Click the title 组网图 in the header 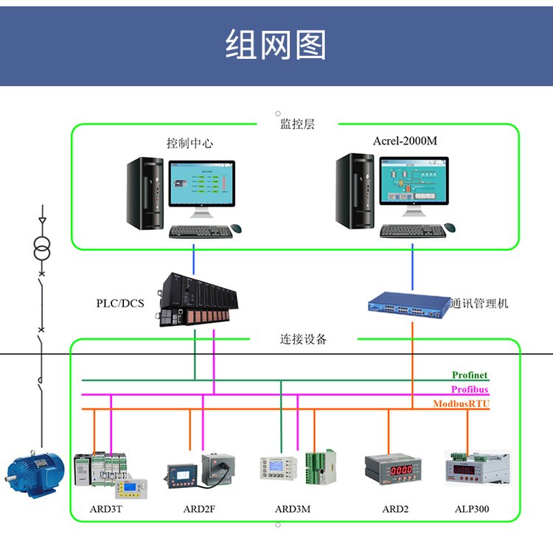coord(276,45)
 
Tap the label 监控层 coord(297,125)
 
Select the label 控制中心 coord(189,143)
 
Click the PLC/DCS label coord(120,303)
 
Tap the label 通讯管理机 coord(479,303)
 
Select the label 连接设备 coord(303,340)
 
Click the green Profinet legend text coord(470,376)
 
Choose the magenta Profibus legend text coord(470,390)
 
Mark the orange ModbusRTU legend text coord(461,404)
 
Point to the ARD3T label coord(106,509)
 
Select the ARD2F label coord(198,509)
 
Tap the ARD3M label coord(293,509)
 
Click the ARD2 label coord(395,509)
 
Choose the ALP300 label coord(472,509)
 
